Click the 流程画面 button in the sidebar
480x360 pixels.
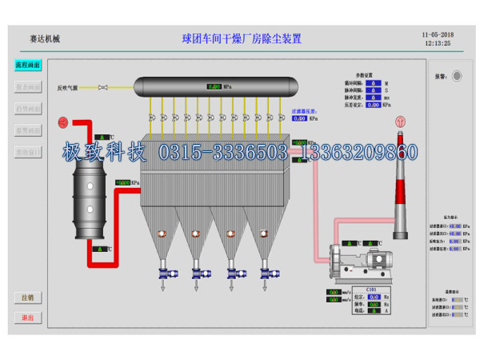[28, 65]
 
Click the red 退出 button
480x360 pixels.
[28, 318]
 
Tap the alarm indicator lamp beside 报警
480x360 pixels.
[457, 76]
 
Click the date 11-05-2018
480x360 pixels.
[436, 35]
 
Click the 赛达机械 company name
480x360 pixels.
[45, 38]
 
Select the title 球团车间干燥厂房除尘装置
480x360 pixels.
[242, 38]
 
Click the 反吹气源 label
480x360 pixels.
[69, 88]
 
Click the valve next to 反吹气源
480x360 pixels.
[103, 88]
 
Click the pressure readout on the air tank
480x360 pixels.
[214, 86]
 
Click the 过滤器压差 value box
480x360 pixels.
[299, 118]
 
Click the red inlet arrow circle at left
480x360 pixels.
[62, 122]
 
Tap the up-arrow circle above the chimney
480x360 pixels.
[399, 121]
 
